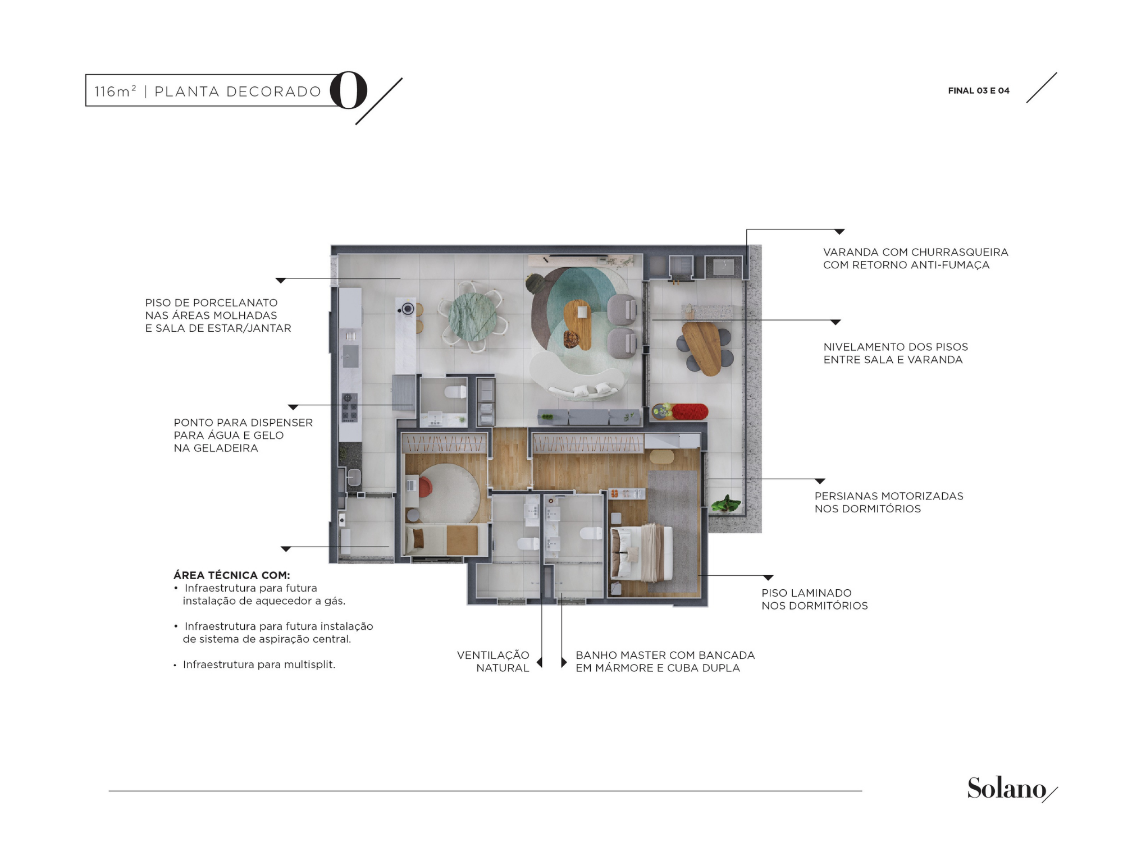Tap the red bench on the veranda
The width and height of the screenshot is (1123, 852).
[x=690, y=411]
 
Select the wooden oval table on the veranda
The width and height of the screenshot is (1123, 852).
[x=702, y=348]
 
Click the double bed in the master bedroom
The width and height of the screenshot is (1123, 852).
[x=642, y=553]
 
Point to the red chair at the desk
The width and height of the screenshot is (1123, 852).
[x=425, y=487]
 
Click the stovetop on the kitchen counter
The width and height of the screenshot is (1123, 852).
[x=349, y=407]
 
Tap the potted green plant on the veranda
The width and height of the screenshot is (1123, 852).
[x=725, y=503]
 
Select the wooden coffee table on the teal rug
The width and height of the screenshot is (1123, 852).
[x=578, y=324]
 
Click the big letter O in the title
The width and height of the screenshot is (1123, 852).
[x=349, y=90]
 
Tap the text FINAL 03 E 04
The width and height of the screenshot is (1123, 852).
[x=979, y=90]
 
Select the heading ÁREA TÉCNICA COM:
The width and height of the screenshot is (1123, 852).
[x=232, y=575]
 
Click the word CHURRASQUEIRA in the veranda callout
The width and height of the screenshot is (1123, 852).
[x=960, y=252]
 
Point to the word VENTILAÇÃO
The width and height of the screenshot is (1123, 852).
[x=493, y=655]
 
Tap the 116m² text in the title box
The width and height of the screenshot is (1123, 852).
[x=115, y=91]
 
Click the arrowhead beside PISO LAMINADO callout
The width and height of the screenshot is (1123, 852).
[x=768, y=578]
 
